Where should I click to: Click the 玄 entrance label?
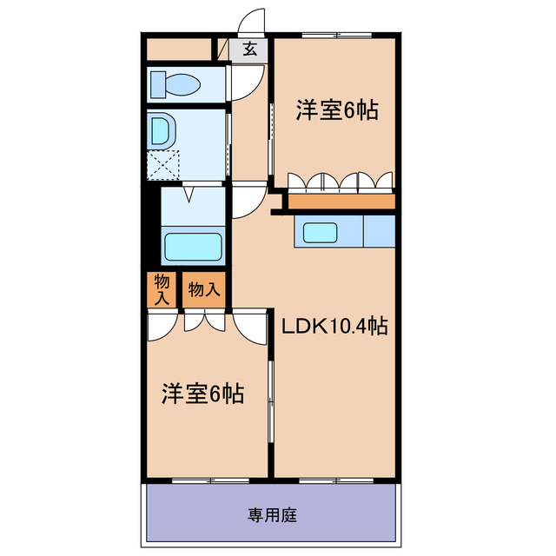[x=250, y=50]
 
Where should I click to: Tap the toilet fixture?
[x=176, y=84]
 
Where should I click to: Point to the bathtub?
[x=193, y=248]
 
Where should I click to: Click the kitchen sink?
[x=320, y=232]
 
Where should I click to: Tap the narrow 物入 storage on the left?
[x=162, y=290]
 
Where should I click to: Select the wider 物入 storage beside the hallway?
[x=204, y=290]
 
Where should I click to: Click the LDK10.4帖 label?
[x=334, y=328]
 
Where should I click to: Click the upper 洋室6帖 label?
[x=337, y=111]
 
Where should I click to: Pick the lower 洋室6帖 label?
[x=202, y=394]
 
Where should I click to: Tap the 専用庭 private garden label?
[x=273, y=515]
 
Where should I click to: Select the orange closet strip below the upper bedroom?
[x=341, y=202]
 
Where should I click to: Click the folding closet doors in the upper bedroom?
[x=341, y=181]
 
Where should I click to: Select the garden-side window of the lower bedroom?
[x=208, y=479]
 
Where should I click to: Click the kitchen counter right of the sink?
[x=378, y=232]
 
